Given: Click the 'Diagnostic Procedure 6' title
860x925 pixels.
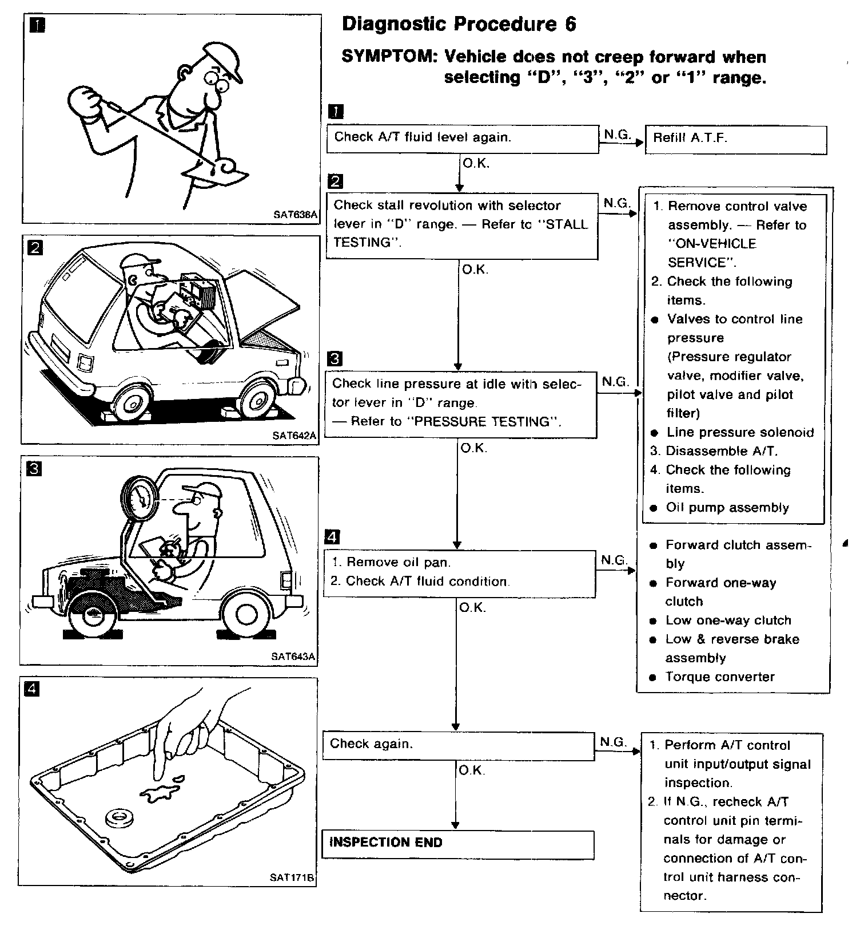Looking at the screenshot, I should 459,24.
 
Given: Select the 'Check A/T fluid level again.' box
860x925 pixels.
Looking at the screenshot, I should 462,139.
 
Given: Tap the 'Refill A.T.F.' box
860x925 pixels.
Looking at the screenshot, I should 735,139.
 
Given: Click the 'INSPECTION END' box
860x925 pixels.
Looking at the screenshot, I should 457,843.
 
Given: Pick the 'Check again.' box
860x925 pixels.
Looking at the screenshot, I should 458,745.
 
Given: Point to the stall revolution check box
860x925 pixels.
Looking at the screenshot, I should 462,225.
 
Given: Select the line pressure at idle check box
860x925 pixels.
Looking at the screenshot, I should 461,404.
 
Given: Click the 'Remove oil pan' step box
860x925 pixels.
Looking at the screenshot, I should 459,573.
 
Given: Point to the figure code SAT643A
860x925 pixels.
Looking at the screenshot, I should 293,657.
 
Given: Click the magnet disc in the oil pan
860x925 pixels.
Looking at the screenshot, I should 119,817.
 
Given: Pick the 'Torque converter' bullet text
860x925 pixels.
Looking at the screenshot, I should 719,677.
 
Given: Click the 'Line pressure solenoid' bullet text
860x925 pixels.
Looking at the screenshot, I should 740,433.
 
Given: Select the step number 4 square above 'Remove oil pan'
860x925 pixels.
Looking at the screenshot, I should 332,537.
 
